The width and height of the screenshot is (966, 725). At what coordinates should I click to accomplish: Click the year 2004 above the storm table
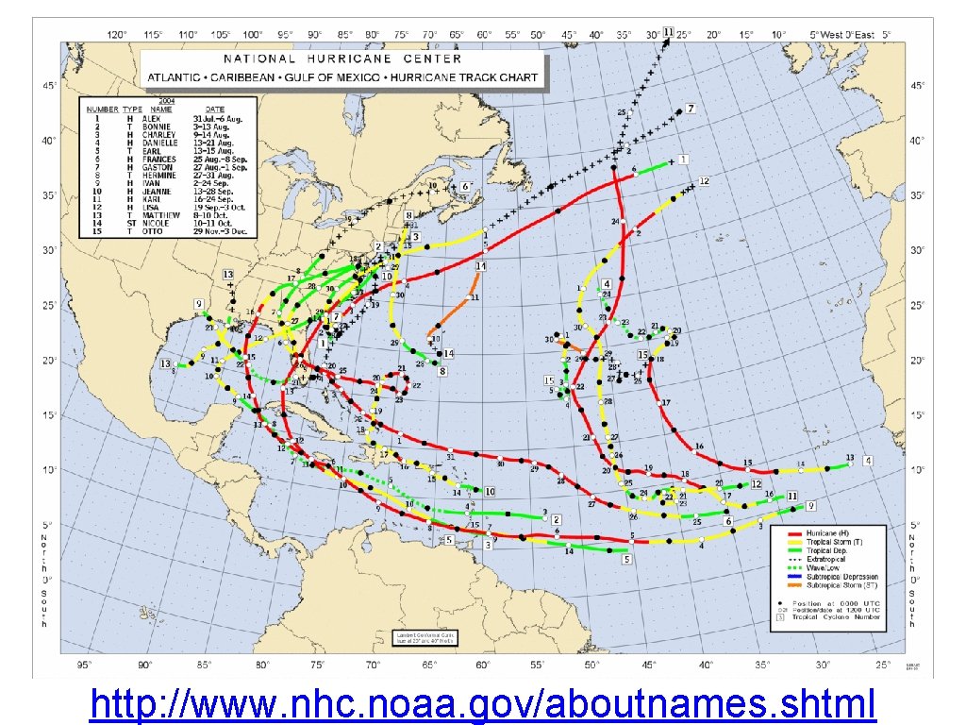click(x=167, y=100)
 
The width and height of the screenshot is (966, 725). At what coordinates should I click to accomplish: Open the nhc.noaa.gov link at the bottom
click(x=483, y=703)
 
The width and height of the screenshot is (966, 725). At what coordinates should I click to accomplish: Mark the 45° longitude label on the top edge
click(x=569, y=35)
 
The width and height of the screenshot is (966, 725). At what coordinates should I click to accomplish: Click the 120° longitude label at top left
click(x=116, y=35)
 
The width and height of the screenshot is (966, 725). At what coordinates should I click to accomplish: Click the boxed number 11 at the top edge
click(x=668, y=32)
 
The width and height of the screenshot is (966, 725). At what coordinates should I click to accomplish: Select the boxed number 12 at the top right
click(x=704, y=180)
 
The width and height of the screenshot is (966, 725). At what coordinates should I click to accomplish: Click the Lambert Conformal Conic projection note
click(x=418, y=639)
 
